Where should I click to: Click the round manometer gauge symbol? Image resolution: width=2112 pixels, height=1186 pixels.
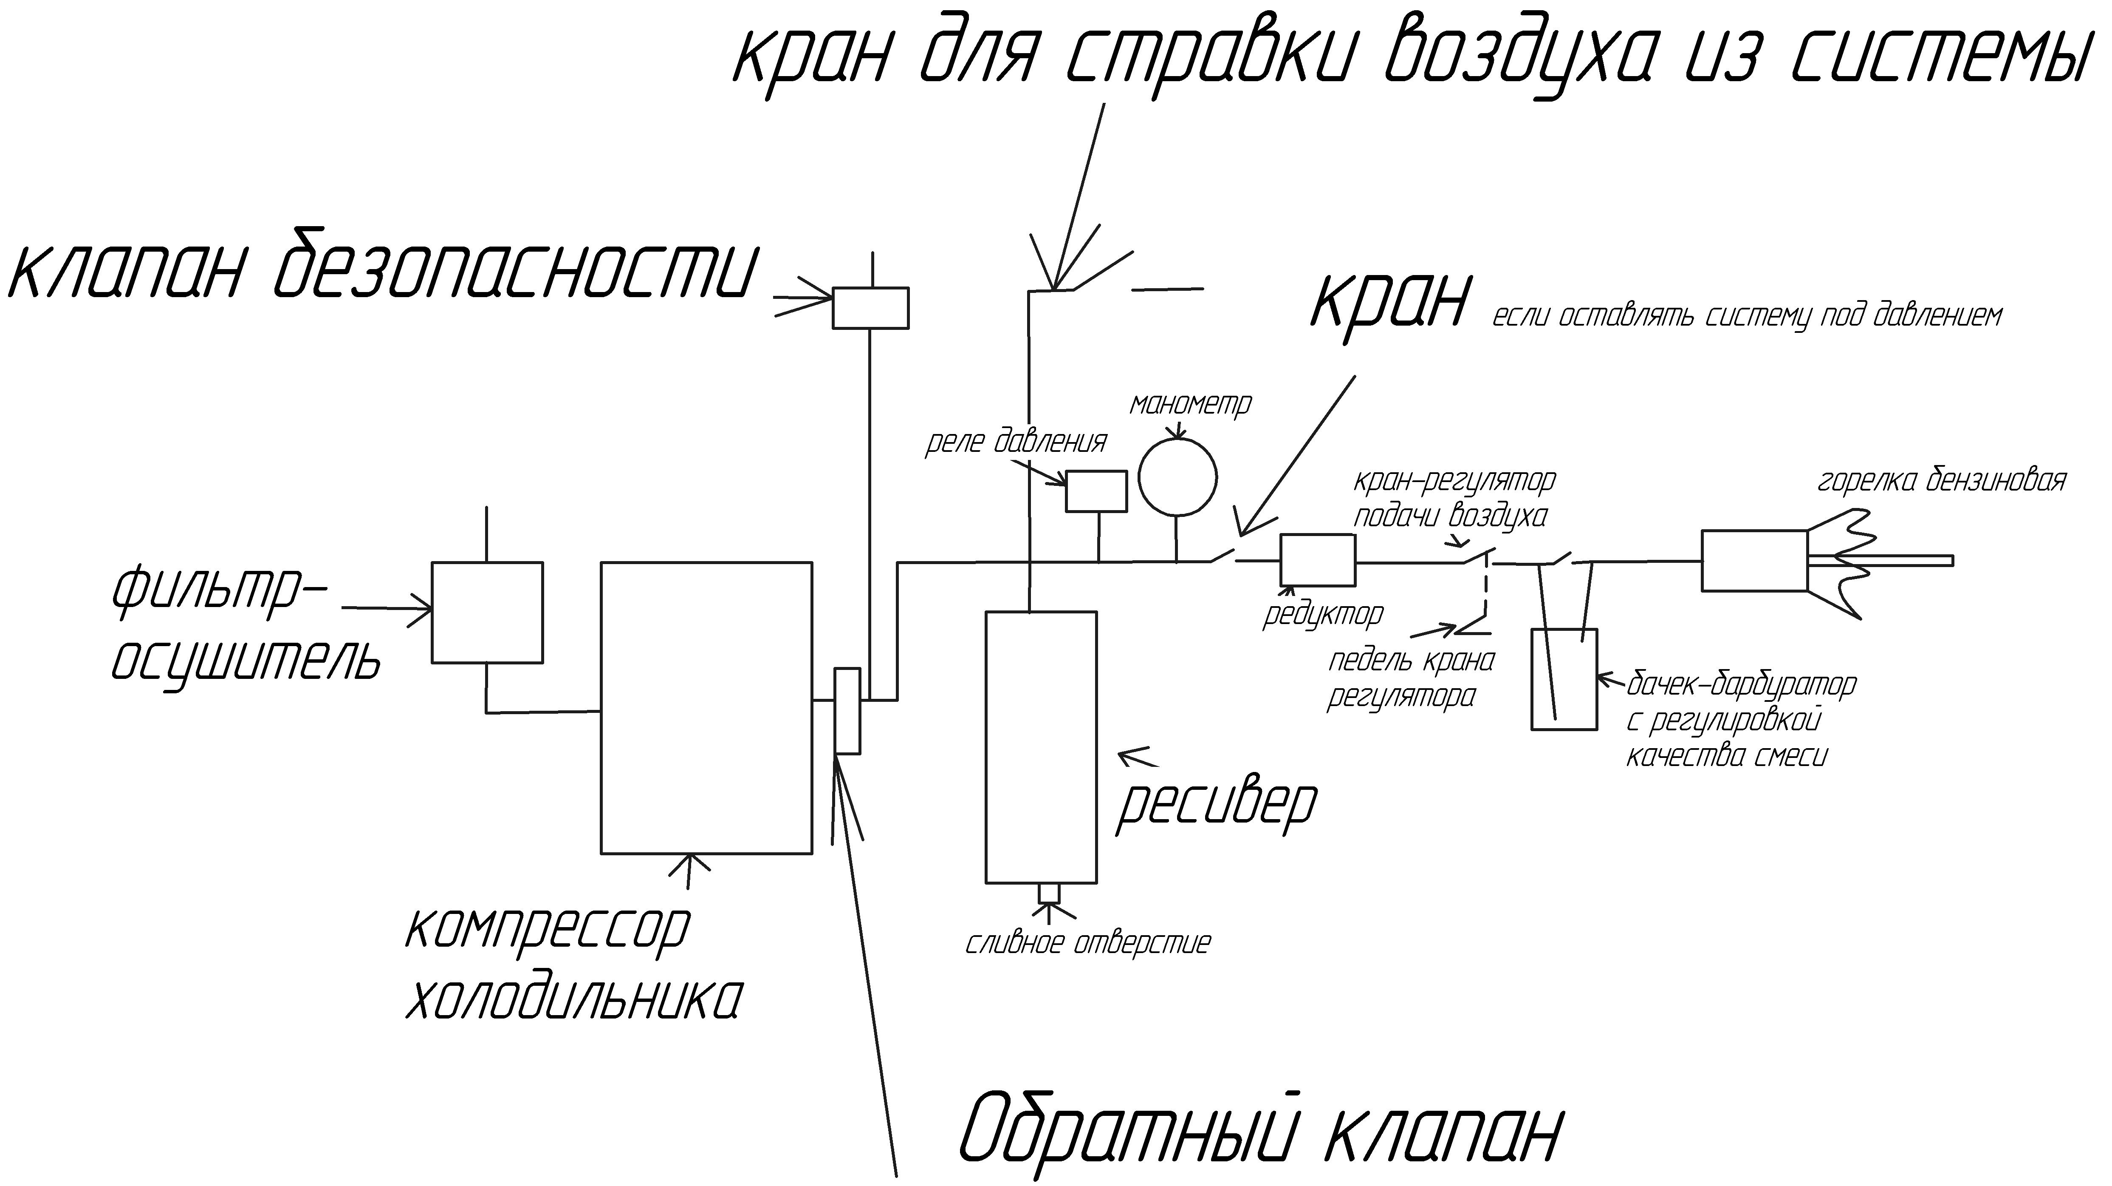1177,438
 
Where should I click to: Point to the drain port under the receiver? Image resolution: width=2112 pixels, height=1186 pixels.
1050,892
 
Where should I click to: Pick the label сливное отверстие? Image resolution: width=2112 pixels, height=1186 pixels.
1087,943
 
